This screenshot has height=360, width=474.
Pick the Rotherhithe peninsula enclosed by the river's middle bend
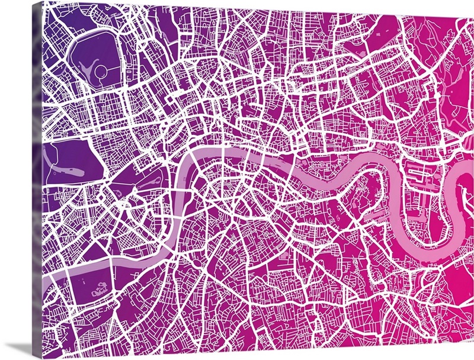364,189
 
